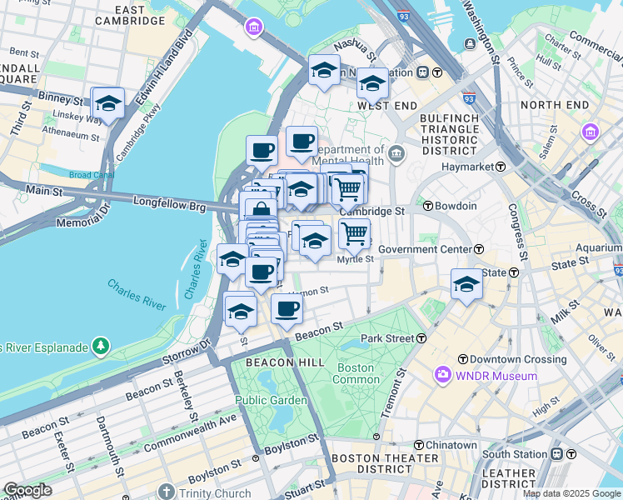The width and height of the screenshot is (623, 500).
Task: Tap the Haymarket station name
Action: click(x=466, y=167)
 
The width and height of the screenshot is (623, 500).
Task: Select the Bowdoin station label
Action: click(x=455, y=206)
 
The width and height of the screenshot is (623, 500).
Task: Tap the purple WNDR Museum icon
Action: click(x=441, y=376)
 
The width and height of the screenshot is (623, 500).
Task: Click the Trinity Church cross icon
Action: click(x=167, y=492)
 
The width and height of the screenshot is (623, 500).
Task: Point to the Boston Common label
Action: click(x=356, y=373)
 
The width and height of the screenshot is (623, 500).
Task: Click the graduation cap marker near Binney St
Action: click(x=107, y=103)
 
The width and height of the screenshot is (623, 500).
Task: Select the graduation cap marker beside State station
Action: click(x=466, y=283)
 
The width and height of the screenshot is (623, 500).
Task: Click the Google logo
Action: click(x=27, y=490)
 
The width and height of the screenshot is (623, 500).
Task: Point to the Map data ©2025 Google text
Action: click(x=571, y=493)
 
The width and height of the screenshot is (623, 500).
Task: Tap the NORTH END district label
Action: click(x=552, y=105)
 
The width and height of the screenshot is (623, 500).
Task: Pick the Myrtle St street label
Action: click(x=354, y=259)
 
